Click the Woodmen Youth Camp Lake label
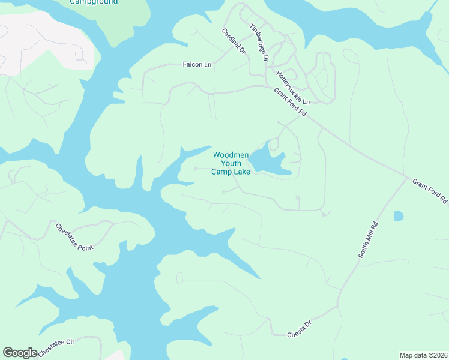click(230, 163)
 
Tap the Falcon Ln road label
click(197, 64)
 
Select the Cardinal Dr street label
click(234, 42)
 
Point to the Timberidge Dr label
click(259, 41)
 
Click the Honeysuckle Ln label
click(292, 88)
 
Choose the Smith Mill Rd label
click(369, 240)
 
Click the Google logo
click(20, 353)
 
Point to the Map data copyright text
click(423, 355)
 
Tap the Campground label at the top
click(94, 2)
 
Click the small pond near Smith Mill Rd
click(398, 216)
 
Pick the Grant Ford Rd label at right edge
click(430, 190)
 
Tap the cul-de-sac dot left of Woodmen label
click(196, 169)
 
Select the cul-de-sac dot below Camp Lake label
click(224, 192)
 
